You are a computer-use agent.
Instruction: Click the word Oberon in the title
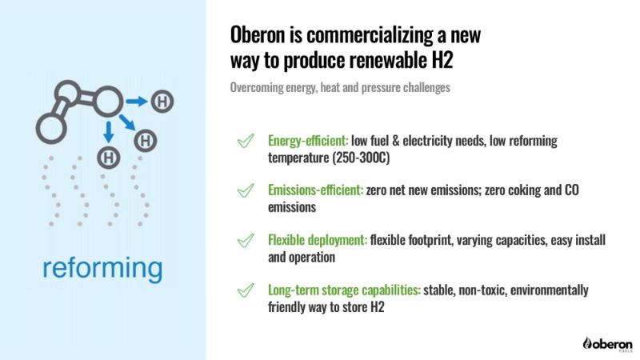[x=257, y=34]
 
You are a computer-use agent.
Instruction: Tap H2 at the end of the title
[x=442, y=59]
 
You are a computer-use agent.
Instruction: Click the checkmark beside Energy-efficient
[x=246, y=141]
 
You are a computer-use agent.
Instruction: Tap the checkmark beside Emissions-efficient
[x=246, y=190]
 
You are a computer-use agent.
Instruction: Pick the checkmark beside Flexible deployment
[x=246, y=240]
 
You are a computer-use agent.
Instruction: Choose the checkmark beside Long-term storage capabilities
[x=246, y=290]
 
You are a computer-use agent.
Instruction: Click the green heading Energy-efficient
[x=308, y=141]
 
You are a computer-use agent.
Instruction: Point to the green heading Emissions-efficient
[x=315, y=190]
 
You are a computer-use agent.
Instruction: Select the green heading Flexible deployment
[x=318, y=241]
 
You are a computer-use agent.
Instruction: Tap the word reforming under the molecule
[x=102, y=269]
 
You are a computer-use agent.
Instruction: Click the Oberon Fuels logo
[x=608, y=344]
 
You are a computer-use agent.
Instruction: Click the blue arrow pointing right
[x=136, y=102]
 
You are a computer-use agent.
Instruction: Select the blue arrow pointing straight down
[x=108, y=132]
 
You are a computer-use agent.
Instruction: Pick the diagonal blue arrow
[x=127, y=122]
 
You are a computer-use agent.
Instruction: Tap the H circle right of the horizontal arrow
[x=162, y=102]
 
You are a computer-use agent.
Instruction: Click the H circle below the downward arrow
[x=109, y=158]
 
